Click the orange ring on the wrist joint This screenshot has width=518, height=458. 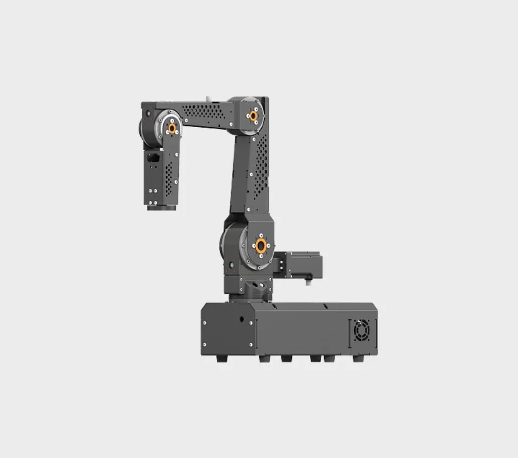click(x=172, y=128)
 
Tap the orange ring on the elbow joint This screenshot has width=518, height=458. click(x=253, y=116)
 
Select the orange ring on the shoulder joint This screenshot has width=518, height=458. click(x=260, y=246)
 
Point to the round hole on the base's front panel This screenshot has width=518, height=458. click(x=242, y=319)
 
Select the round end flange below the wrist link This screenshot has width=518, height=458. click(x=161, y=206)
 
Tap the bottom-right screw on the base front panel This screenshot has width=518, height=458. click(x=251, y=345)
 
